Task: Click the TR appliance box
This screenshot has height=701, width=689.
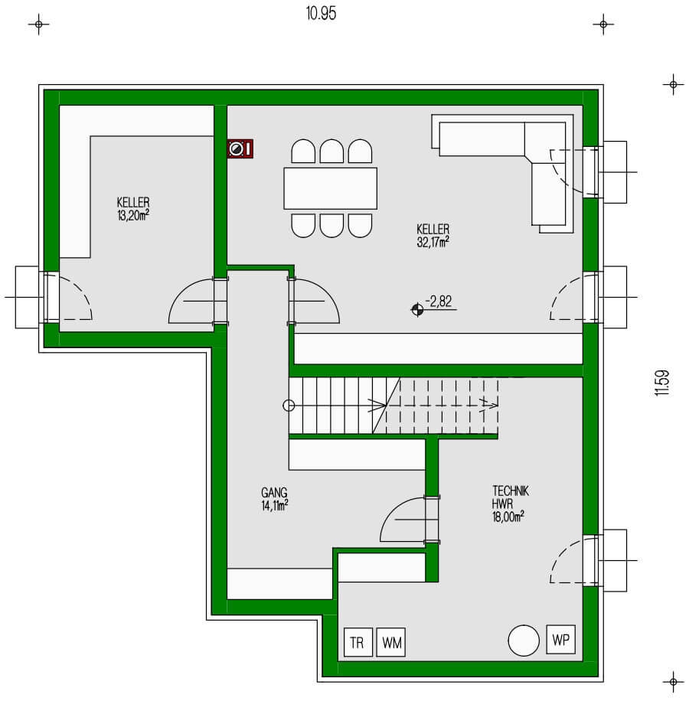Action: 357,643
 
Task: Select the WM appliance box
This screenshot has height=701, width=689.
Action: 392,643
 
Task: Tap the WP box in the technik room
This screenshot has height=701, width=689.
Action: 560,639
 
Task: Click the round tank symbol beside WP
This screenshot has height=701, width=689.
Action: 524,640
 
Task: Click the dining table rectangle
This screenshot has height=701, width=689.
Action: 331,188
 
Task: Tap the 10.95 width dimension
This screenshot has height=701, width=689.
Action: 320,14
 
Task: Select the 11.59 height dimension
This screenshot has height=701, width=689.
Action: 662,383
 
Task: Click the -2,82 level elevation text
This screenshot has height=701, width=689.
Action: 440,302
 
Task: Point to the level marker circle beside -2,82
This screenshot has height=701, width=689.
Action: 416,310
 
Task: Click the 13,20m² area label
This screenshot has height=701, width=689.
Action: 133,215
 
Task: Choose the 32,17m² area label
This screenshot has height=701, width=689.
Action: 433,241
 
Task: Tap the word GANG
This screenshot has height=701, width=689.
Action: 273,494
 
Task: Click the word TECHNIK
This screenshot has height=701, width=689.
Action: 511,491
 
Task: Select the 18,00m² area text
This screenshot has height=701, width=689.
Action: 508,517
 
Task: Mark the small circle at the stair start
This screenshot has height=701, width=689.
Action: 289,406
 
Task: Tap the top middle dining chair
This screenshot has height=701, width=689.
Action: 331,151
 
